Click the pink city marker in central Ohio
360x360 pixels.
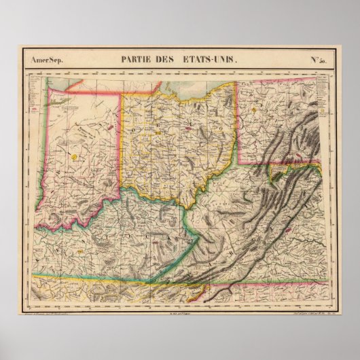[x=188, y=126]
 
